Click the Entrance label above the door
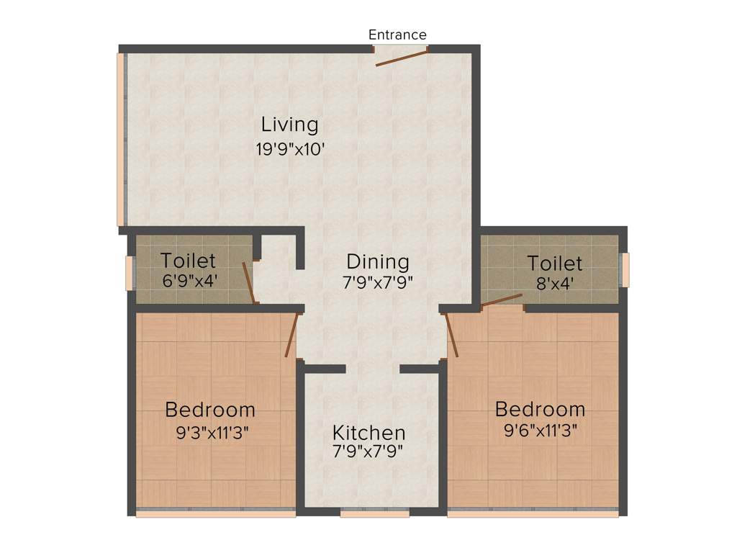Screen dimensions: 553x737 397,35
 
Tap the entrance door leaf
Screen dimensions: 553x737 402,58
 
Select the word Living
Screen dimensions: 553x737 289,124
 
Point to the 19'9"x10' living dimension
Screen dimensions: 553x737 289,150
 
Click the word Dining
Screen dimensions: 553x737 377,261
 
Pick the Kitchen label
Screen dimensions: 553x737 368,433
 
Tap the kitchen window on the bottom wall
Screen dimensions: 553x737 374,513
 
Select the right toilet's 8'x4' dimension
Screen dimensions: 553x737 554,283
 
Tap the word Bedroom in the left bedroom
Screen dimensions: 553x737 209,410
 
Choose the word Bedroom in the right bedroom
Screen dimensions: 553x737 540,409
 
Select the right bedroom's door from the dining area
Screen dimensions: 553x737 452,335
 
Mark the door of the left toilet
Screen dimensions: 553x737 248,283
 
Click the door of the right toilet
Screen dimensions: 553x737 502,300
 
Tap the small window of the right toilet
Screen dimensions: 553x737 625,270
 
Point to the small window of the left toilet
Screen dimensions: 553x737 130,274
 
